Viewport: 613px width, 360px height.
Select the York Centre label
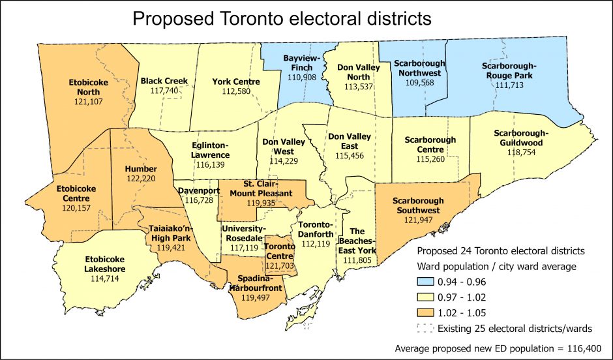(236, 82)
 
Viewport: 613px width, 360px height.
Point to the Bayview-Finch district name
(301, 63)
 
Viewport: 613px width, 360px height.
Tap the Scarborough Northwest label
(420, 68)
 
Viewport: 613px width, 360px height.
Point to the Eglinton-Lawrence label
(210, 150)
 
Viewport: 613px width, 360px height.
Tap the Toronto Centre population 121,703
(279, 266)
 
